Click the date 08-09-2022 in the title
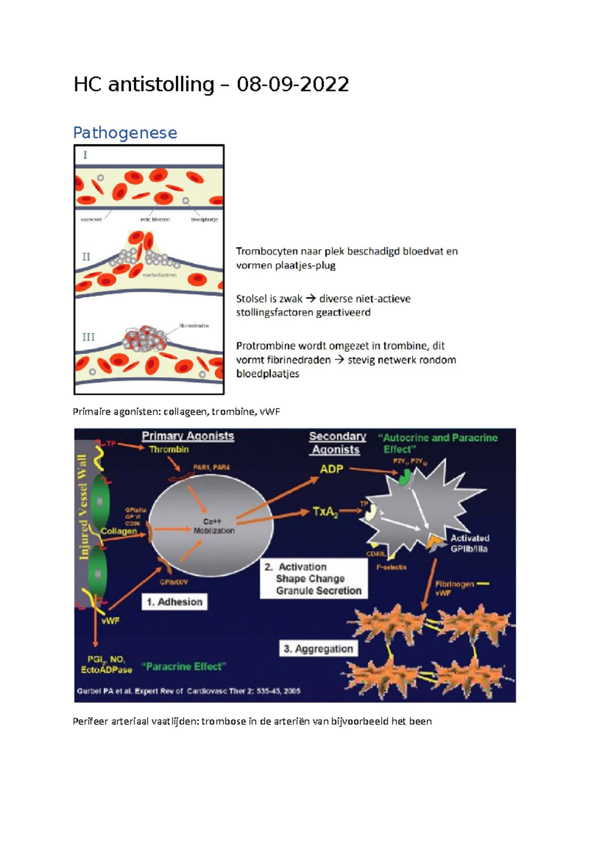(293, 85)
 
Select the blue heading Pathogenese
(125, 133)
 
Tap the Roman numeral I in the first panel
(85, 155)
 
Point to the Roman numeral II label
(86, 257)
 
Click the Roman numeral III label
(88, 337)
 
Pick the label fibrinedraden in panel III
(194, 326)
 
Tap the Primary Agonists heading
(187, 436)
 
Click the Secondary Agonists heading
(337, 443)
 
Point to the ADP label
(331, 469)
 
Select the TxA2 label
(325, 512)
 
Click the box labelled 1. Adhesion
(174, 602)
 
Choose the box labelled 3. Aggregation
(318, 649)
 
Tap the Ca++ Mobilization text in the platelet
(213, 526)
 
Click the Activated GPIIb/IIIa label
(470, 543)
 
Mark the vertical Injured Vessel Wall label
(83, 506)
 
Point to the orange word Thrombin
(169, 449)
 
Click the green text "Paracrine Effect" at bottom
(183, 667)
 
